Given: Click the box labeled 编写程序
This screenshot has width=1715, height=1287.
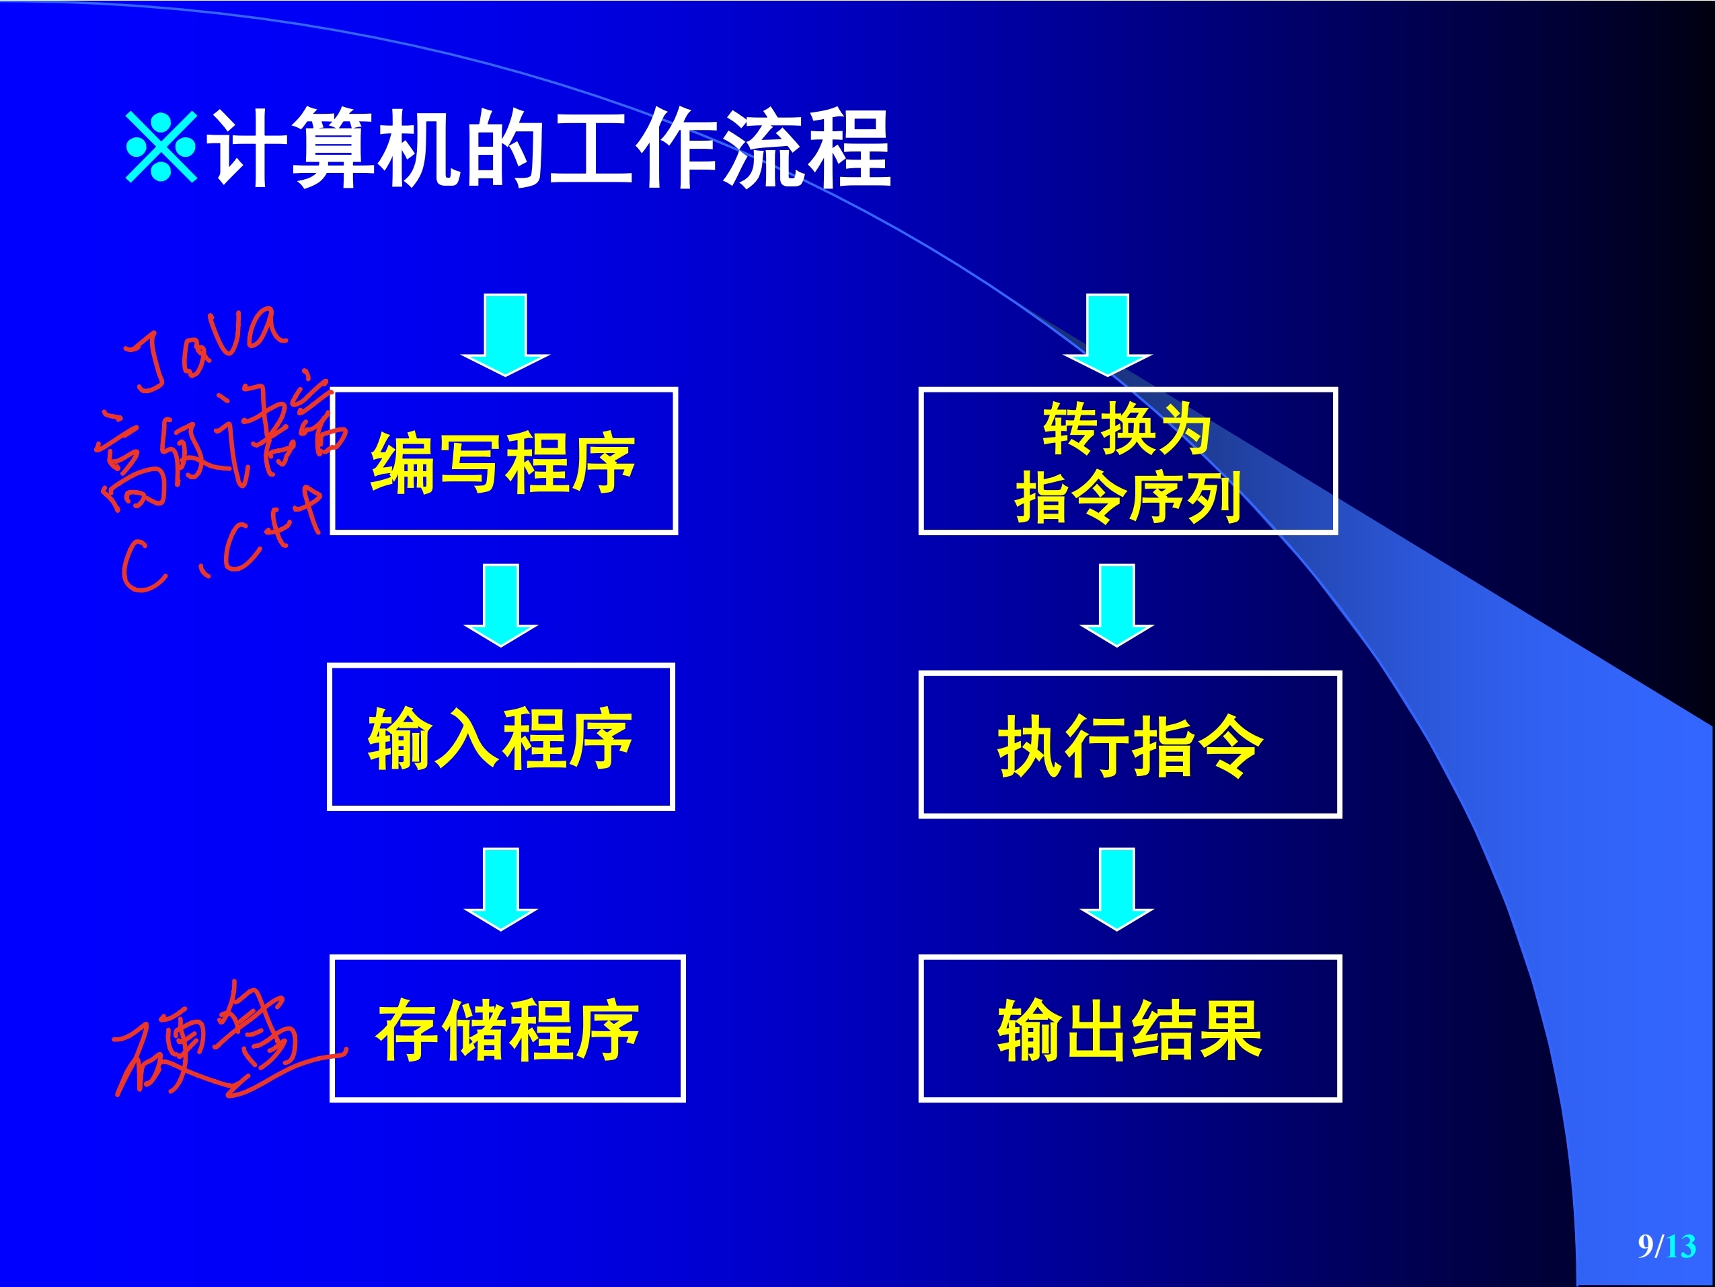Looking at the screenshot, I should (x=504, y=462).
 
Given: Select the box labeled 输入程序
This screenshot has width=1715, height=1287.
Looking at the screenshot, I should (x=501, y=737).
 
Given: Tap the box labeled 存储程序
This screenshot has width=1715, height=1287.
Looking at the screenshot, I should (x=508, y=1029).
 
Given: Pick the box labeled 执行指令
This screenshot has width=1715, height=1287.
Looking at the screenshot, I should (x=1130, y=744).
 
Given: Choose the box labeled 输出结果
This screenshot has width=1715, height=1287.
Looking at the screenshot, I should (x=1130, y=1029).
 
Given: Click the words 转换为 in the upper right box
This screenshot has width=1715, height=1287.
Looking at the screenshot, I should (x=1127, y=428).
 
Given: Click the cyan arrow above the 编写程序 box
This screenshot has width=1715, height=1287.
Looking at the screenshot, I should (x=506, y=334).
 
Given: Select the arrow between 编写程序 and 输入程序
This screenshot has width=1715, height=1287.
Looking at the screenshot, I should (x=501, y=604).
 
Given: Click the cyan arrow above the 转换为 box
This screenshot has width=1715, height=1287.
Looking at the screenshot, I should (x=1107, y=334).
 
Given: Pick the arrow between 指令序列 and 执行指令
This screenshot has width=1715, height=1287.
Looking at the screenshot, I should (x=1116, y=604).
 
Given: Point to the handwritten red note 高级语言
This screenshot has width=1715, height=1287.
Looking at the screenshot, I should (x=217, y=442).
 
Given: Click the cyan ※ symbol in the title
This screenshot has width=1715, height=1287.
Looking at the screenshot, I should (x=161, y=147).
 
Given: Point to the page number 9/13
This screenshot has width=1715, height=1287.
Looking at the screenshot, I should (x=1666, y=1246).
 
